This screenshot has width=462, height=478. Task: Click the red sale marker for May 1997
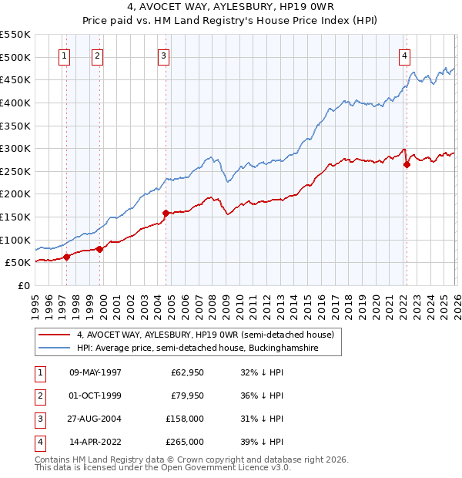(x=66, y=257)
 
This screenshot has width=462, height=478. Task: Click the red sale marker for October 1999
(x=99, y=249)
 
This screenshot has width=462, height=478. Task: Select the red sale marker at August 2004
(x=166, y=213)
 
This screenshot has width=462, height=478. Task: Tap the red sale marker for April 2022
(x=407, y=164)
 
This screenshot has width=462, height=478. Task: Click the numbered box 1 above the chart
(x=64, y=55)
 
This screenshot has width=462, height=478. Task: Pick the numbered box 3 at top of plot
(x=164, y=55)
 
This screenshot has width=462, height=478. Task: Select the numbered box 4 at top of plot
(x=404, y=55)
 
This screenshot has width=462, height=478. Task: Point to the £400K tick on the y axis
(x=15, y=103)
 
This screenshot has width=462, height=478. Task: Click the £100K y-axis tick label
(x=15, y=240)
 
